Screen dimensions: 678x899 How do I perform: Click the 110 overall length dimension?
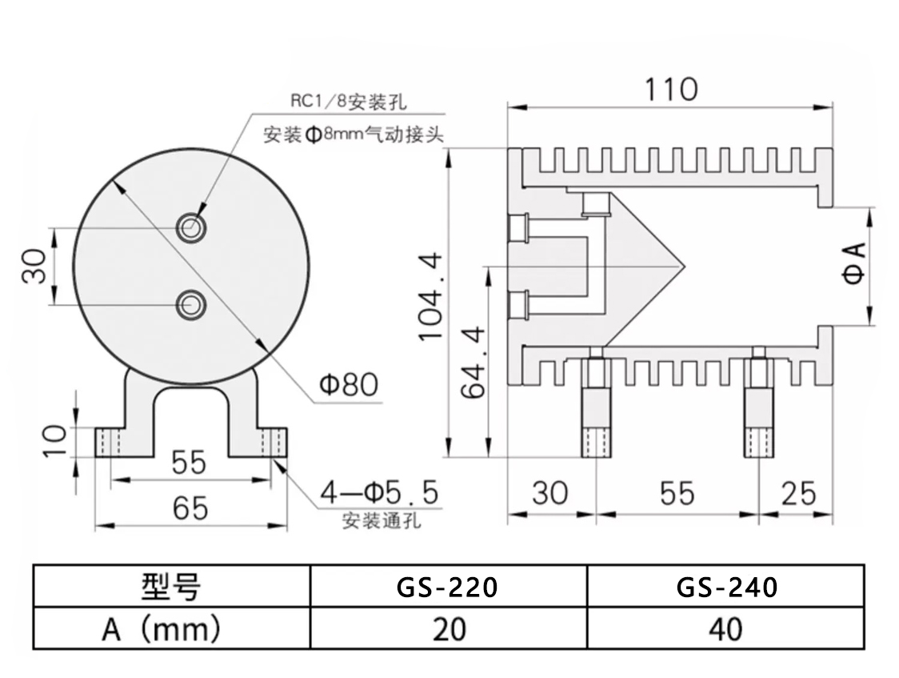(671, 89)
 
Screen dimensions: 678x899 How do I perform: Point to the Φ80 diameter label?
(349, 386)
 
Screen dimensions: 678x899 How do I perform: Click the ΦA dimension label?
(855, 265)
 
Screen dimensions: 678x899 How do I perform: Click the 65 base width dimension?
(190, 507)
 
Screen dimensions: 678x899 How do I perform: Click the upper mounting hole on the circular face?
(191, 227)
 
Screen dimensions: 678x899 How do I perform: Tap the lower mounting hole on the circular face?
(191, 304)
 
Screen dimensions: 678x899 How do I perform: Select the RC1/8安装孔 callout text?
(348, 103)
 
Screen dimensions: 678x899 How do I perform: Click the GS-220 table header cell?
(448, 587)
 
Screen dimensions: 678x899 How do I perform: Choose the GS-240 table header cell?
(726, 587)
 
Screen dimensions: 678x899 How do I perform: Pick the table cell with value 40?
(726, 629)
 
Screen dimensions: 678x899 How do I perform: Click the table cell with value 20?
(448, 629)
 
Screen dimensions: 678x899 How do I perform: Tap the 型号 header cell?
(171, 587)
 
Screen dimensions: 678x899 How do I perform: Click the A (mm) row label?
(171, 629)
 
